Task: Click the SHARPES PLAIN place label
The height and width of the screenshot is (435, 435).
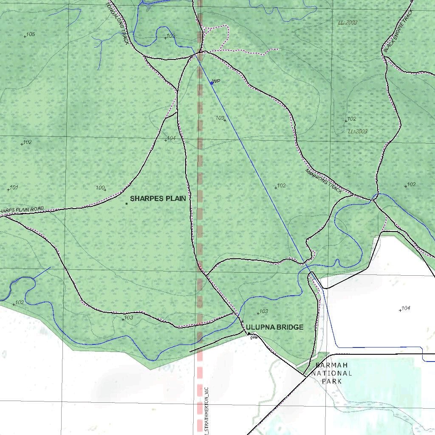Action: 158,198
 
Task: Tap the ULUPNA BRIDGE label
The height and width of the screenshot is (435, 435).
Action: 275,327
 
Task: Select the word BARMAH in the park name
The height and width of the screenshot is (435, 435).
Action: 332,365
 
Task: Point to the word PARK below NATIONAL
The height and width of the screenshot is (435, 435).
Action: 332,381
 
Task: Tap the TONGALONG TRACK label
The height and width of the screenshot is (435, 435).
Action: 117,23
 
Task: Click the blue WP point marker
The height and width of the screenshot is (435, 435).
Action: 212,83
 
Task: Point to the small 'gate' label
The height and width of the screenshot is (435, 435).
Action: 254,337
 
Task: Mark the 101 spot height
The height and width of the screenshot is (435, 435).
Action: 14,187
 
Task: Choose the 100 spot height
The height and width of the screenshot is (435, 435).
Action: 100,188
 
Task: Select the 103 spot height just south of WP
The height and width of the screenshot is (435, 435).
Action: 220,118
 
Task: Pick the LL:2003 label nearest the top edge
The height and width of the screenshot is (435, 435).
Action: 347,23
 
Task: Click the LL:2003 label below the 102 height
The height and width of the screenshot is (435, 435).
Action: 358,132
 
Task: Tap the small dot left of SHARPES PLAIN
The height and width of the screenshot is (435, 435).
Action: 127,204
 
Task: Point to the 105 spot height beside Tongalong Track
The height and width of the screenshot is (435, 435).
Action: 170,36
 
